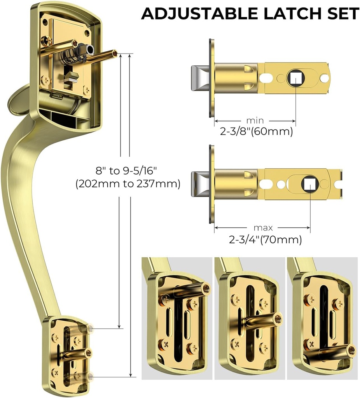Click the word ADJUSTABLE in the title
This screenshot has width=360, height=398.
(197, 14)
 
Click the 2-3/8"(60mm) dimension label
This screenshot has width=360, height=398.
(256, 132)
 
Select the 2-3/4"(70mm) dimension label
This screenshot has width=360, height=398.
(266, 239)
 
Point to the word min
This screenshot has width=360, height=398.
(255, 121)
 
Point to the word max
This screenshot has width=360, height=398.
(263, 228)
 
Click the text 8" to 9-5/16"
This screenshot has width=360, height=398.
(128, 171)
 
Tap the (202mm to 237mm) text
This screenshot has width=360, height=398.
(128, 183)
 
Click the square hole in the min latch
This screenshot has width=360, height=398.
(295, 78)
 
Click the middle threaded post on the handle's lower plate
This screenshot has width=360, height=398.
(89, 353)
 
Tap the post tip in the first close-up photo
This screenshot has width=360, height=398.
(206, 288)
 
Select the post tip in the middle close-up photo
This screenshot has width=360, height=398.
(278, 318)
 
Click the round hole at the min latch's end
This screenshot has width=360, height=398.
(324, 78)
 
